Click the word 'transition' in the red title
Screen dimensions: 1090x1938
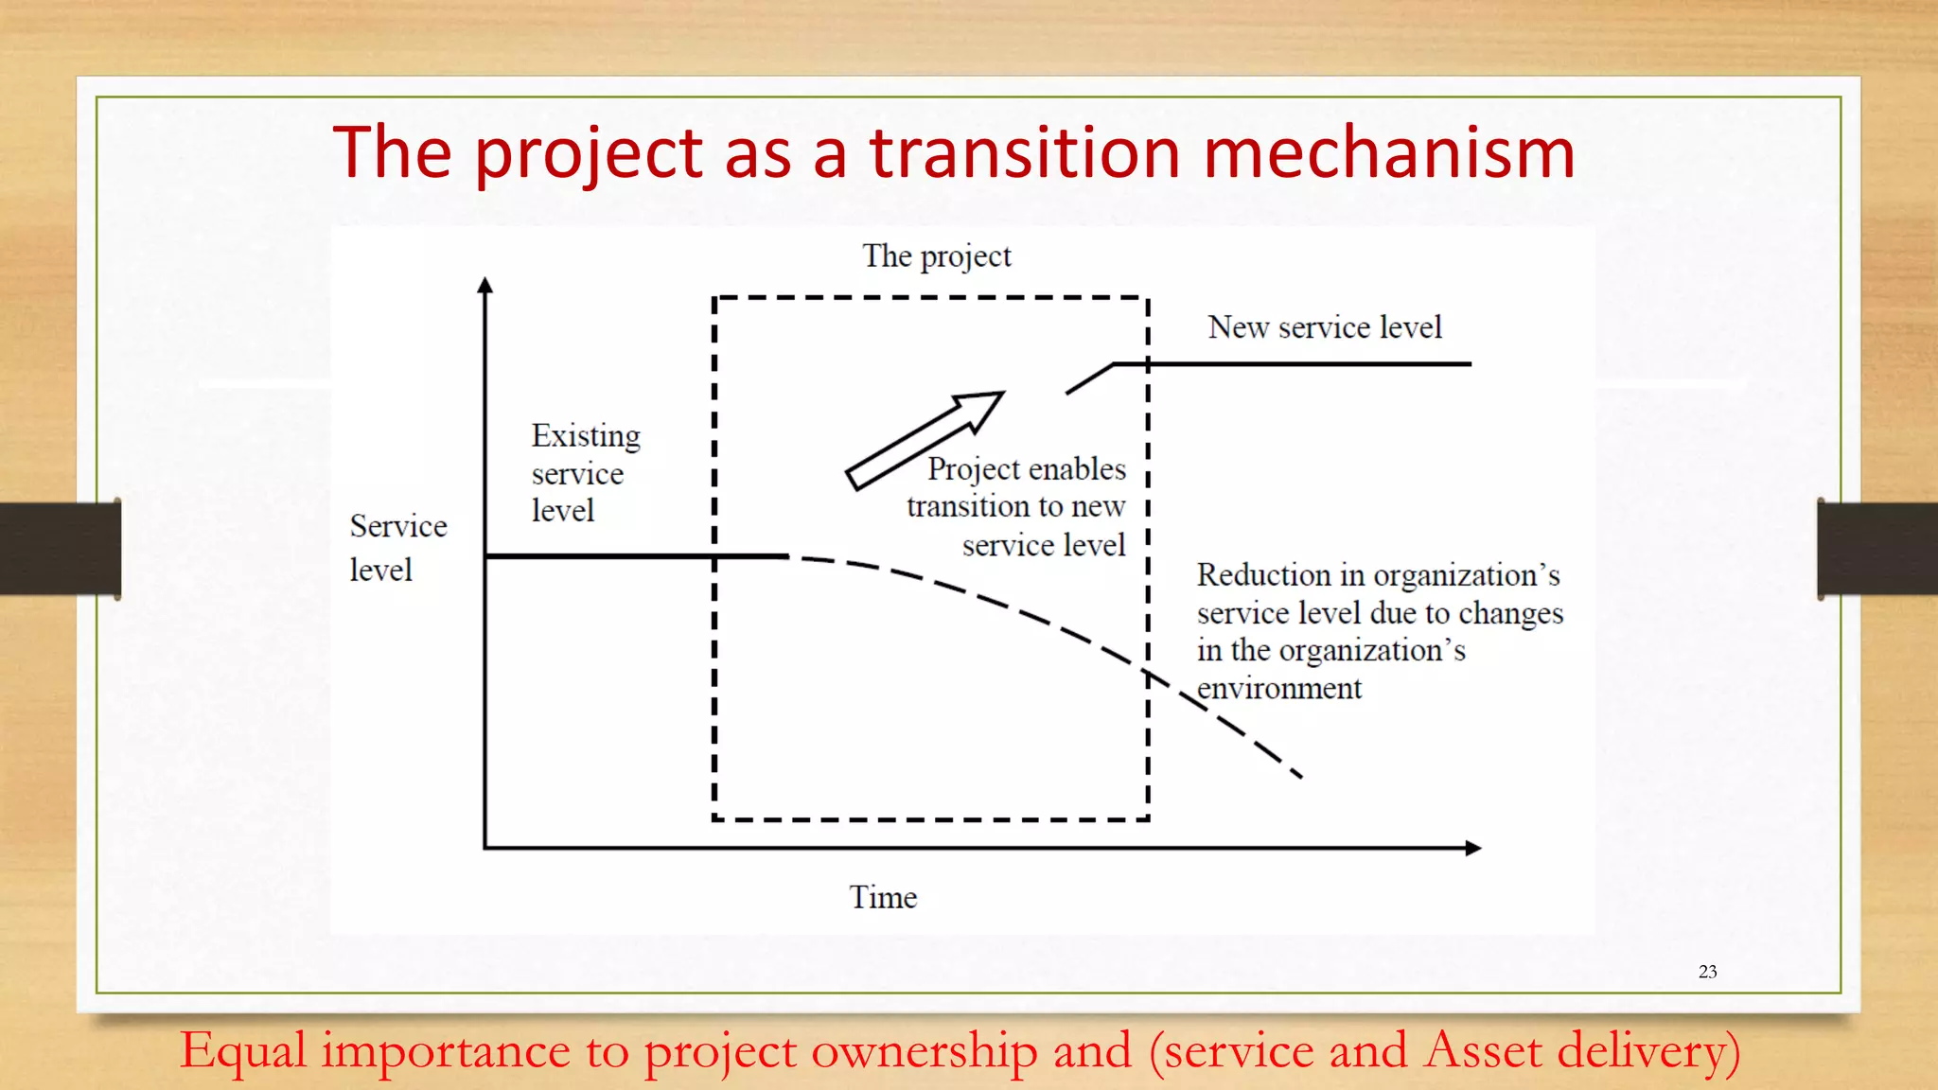(1026, 152)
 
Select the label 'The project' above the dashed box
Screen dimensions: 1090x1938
(936, 256)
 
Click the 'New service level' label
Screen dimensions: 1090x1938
(1324, 327)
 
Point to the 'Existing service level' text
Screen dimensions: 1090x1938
(585, 473)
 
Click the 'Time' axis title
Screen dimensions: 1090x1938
(883, 897)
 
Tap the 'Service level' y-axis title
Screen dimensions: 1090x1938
(397, 548)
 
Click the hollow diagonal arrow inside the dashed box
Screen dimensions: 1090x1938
(924, 440)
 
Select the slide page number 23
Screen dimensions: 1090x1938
(1707, 972)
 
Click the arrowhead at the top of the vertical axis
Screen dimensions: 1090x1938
(485, 285)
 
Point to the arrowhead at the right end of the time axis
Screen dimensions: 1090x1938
(1472, 848)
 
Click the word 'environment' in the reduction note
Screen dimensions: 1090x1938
(1278, 689)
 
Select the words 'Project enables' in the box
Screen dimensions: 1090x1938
(1026, 469)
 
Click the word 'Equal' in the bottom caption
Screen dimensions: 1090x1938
(243, 1051)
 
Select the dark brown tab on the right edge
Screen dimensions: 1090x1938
(1877, 549)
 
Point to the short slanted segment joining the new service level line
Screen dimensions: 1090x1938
(1089, 378)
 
